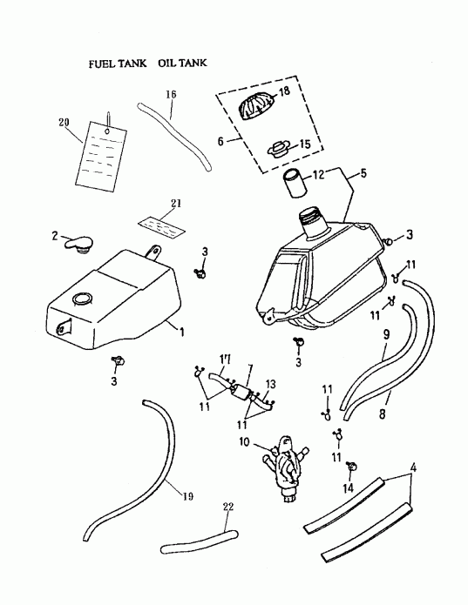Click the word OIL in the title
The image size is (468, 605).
point(167,64)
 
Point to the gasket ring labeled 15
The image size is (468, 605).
point(281,150)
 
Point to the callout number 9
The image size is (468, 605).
point(385,333)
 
